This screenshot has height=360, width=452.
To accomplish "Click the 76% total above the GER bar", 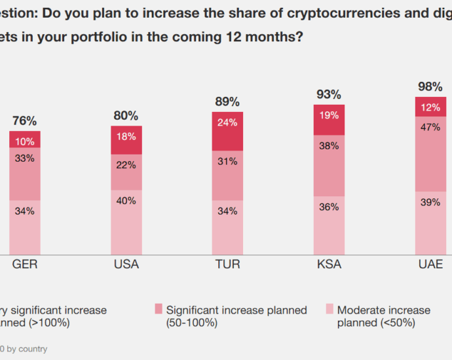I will click(x=25, y=121).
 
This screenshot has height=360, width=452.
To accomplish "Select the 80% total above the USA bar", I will click(x=126, y=116).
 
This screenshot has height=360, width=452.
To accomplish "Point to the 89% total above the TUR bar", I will click(x=227, y=101).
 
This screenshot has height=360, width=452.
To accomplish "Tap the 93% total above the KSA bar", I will click(x=329, y=94).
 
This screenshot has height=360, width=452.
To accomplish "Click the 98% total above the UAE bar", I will click(x=430, y=86).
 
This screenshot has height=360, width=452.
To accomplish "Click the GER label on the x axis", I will click(x=25, y=265).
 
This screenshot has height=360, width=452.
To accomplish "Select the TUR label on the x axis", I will click(x=227, y=265).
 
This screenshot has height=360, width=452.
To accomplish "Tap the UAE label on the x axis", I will click(x=430, y=265).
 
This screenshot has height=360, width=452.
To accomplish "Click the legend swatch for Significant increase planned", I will click(x=159, y=308).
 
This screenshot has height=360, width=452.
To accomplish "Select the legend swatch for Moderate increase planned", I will click(x=330, y=308).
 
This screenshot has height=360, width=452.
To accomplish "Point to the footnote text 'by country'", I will click(x=28, y=349).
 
